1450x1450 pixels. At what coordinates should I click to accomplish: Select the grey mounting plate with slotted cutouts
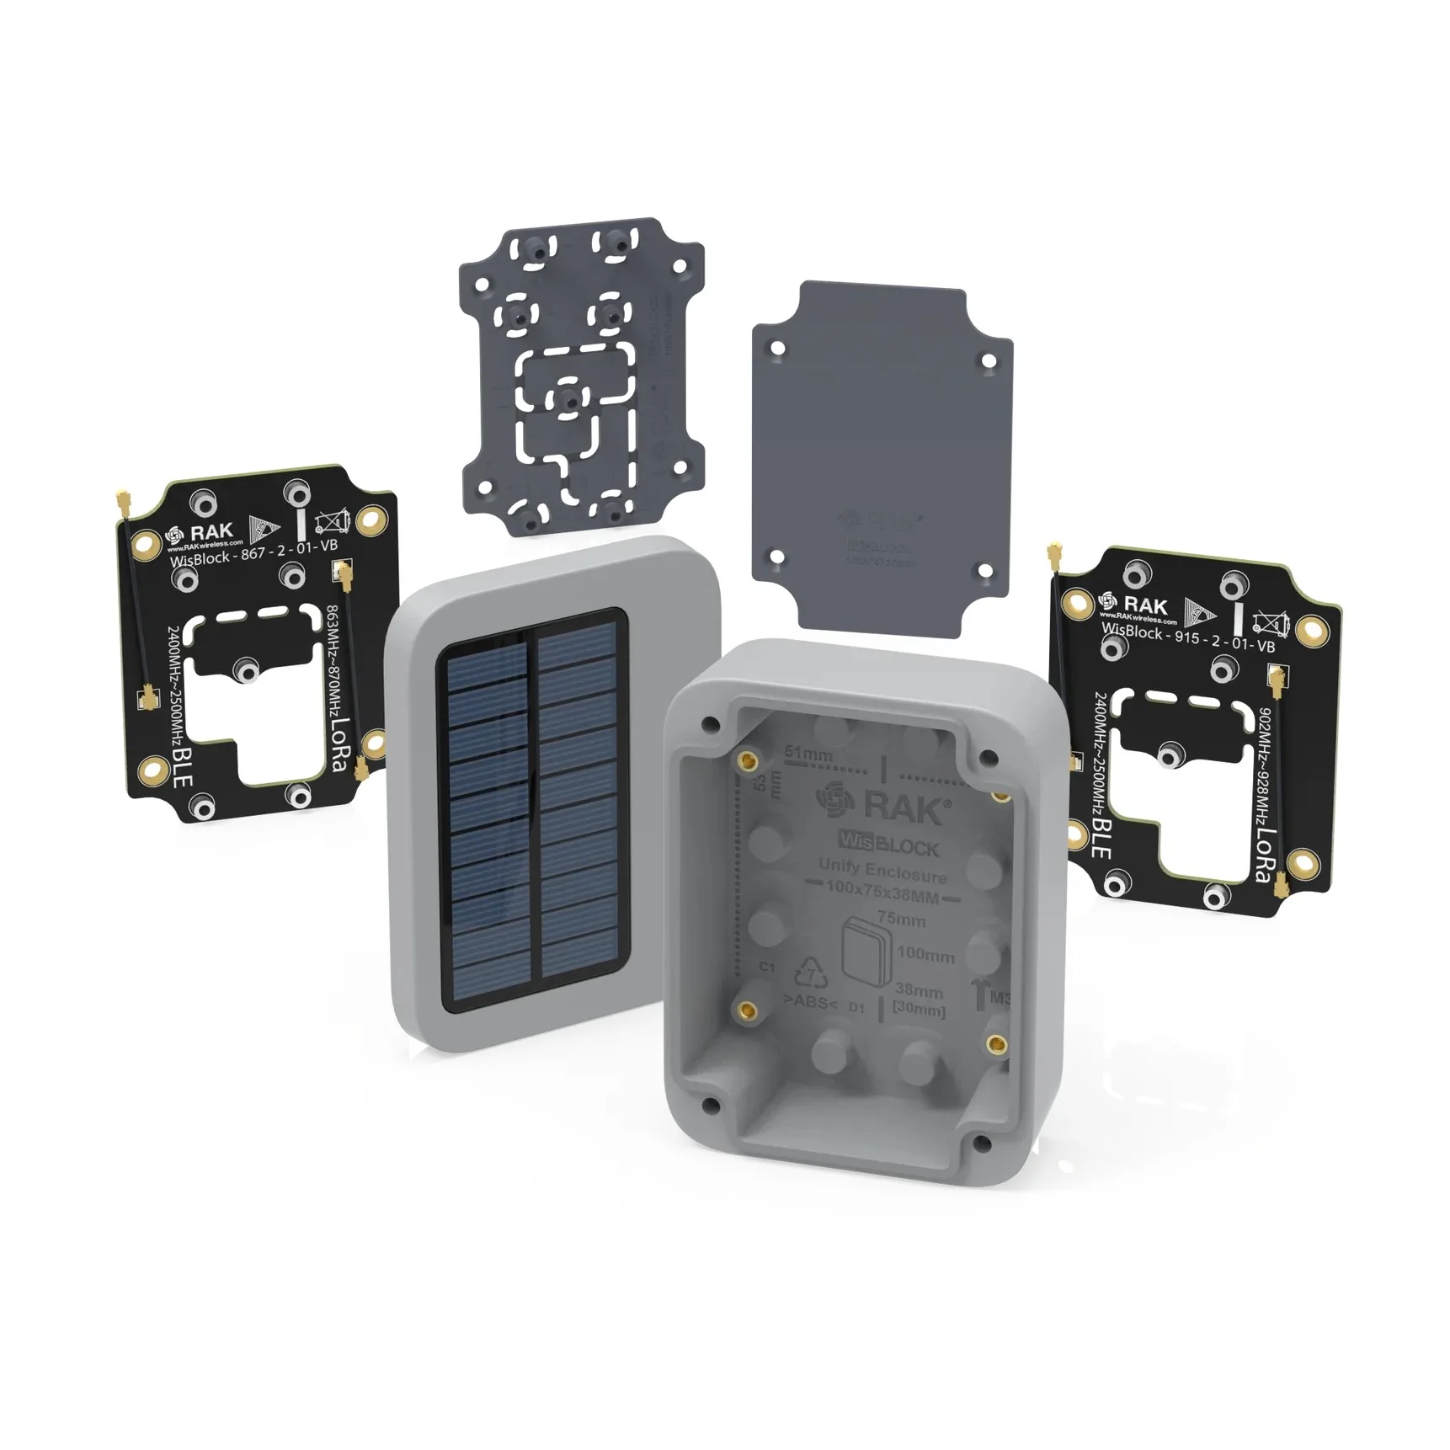point(581,379)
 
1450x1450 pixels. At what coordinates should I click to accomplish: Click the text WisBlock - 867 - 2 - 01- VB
point(253,553)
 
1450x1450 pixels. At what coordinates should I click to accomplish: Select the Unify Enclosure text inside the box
point(882,868)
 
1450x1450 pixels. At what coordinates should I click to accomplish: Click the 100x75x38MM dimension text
point(882,889)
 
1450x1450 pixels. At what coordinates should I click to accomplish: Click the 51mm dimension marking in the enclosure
point(808,754)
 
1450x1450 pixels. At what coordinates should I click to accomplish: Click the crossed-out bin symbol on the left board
point(331,524)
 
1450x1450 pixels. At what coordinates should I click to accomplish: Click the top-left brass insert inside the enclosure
point(746,762)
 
